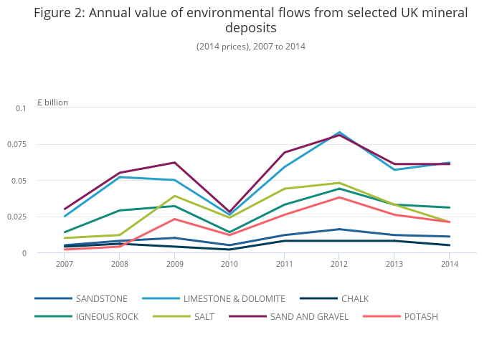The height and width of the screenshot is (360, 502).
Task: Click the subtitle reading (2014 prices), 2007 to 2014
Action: [x=250, y=47]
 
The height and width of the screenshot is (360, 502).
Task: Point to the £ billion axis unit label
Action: [x=52, y=103]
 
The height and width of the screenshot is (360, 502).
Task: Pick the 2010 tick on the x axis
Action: [x=229, y=263]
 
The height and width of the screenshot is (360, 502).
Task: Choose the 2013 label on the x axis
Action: [x=394, y=263]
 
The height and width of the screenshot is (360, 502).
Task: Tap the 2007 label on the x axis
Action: [x=65, y=263]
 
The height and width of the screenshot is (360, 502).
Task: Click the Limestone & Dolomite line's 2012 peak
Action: [x=339, y=133]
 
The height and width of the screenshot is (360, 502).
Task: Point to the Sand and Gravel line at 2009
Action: [x=174, y=163]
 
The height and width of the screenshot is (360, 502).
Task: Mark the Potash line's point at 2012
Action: [x=339, y=197]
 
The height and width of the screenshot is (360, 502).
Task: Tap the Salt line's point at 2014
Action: [x=450, y=222]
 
